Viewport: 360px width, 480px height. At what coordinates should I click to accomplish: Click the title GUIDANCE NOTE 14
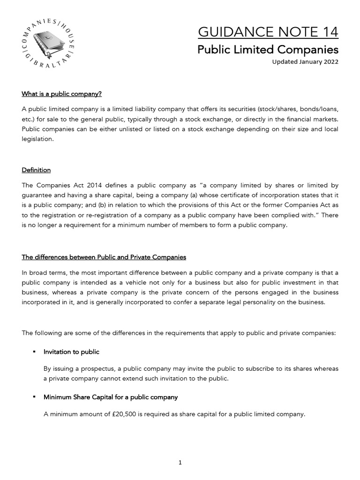pos(268,32)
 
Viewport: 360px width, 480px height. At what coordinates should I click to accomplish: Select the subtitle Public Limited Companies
pos(268,49)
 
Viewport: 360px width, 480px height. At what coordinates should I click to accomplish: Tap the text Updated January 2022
pos(305,62)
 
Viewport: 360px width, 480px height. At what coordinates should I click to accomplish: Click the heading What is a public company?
pos(61,94)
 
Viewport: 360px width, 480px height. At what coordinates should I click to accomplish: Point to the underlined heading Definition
pos(36,170)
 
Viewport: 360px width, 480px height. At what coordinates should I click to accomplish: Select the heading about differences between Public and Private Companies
pos(104,257)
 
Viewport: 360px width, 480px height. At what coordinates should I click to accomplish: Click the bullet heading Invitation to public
pos(71,352)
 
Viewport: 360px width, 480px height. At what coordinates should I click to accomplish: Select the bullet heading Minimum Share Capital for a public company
pos(111,397)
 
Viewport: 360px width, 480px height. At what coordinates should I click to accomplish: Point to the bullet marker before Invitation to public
pos(34,352)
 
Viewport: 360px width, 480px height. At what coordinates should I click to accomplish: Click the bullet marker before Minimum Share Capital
pos(34,397)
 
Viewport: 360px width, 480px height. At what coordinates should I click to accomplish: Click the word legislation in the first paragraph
pos(37,139)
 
